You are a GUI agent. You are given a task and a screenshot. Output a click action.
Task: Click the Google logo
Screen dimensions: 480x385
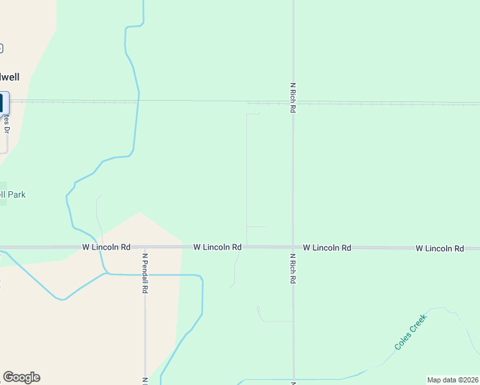point(21,377)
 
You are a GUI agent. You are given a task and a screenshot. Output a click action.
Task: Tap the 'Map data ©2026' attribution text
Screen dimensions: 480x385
point(452,380)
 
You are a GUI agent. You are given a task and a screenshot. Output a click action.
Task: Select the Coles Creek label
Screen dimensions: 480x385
point(411,331)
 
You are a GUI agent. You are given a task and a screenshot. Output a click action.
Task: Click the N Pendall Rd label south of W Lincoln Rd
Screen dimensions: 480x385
point(146,272)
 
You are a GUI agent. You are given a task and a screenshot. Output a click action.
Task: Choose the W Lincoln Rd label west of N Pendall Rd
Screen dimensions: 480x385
point(107,247)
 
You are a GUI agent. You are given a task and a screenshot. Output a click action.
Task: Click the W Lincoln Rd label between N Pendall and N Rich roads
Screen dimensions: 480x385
point(218,247)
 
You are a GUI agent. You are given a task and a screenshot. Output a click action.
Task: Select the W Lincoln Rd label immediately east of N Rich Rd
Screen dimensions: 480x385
point(327,248)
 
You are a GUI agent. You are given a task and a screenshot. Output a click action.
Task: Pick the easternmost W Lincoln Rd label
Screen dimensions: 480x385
point(440,248)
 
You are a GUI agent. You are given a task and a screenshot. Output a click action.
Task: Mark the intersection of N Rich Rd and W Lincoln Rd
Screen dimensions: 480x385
point(293,248)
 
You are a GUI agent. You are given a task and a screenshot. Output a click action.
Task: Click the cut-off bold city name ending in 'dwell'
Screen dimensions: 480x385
point(10,77)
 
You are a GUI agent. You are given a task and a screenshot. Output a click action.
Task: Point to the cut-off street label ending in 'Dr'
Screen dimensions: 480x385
point(6,122)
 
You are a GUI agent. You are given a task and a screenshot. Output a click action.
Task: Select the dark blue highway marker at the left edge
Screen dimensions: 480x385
point(4,103)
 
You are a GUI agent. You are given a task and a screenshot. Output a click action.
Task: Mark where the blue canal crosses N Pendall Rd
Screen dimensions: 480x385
point(145,275)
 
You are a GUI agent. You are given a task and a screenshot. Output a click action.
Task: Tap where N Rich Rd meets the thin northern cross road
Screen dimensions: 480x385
point(293,102)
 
